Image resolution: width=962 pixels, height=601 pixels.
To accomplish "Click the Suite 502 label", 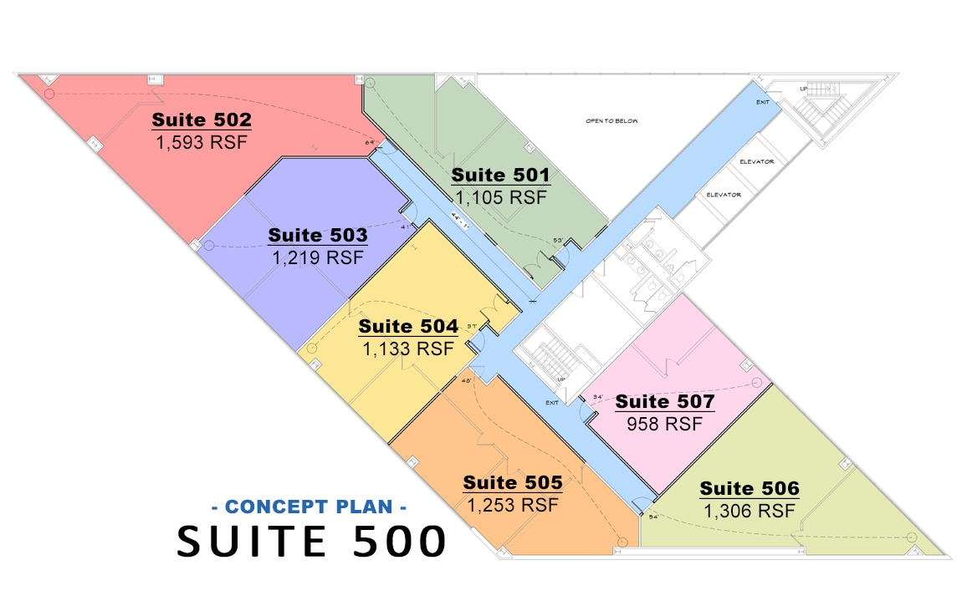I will click(202, 120).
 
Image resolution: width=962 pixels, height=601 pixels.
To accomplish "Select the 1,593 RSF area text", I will click(202, 141).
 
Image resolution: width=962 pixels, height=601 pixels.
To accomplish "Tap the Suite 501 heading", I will click(500, 176).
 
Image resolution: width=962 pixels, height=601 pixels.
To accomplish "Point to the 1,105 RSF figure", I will click(500, 197).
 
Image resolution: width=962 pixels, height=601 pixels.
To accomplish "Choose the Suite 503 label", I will click(318, 236).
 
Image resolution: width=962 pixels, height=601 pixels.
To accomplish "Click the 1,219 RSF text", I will click(318, 257).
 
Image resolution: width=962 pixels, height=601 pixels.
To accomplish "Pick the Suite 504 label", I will click(408, 326).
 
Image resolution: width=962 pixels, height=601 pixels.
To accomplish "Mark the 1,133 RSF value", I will click(408, 348).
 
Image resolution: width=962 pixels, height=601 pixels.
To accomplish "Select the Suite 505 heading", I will click(513, 482).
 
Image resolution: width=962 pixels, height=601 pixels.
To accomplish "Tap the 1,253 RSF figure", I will click(513, 505).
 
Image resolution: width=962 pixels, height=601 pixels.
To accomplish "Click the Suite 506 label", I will click(750, 488).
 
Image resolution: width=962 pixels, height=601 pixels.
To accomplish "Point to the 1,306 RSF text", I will click(750, 511).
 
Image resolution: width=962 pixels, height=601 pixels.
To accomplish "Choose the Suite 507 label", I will click(665, 402).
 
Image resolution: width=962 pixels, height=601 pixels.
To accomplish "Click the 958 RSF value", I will click(665, 424).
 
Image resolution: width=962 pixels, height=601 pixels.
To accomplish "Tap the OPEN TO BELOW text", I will click(611, 121).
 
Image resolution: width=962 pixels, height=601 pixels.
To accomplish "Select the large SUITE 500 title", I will click(311, 542).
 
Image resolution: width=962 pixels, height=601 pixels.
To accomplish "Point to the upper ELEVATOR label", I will click(756, 161).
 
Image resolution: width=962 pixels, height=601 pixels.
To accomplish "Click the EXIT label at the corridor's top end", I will click(762, 102).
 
